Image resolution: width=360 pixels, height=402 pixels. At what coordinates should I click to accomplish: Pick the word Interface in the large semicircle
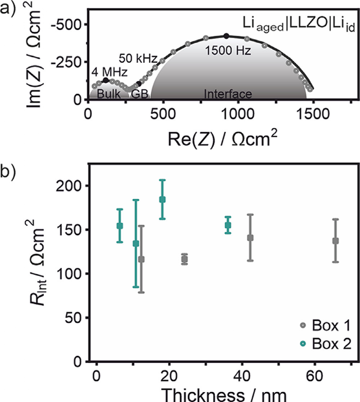click(228, 94)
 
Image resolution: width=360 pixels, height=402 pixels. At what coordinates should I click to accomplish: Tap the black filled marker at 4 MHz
click(105, 80)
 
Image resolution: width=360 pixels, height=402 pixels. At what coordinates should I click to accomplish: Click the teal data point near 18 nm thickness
click(162, 199)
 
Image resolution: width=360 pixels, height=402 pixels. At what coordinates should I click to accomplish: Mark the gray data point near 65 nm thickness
click(335, 240)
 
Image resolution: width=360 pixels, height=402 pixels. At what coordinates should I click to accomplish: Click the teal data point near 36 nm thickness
click(228, 225)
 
